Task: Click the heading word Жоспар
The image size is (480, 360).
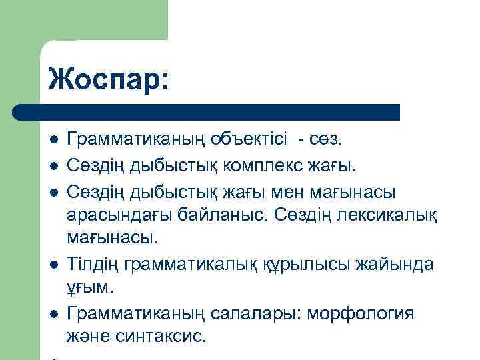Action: [109, 79]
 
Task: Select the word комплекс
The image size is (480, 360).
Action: [262, 165]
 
